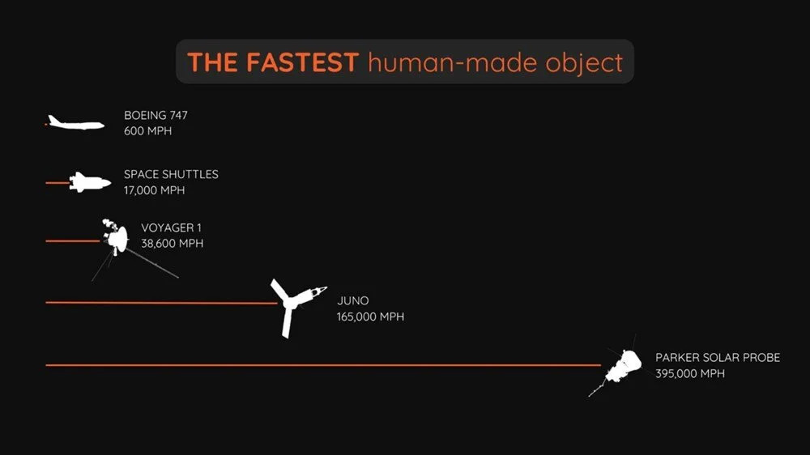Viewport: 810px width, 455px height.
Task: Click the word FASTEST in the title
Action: point(302,62)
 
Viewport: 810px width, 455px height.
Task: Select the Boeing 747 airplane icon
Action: point(76,123)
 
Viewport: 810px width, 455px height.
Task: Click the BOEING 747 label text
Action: point(156,115)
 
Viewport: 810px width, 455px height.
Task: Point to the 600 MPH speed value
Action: point(147,131)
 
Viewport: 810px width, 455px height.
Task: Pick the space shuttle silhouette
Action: point(90,182)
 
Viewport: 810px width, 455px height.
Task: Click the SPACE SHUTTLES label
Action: point(171,175)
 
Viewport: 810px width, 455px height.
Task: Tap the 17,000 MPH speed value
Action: point(154,190)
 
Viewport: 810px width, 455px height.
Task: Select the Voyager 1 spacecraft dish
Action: point(120,239)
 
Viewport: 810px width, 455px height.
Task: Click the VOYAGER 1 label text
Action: point(171,227)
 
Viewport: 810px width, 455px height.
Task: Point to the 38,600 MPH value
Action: point(172,244)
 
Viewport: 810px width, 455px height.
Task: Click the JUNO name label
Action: point(353,300)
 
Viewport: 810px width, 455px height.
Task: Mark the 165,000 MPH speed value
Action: point(370,317)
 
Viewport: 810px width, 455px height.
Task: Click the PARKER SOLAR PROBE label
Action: point(718,357)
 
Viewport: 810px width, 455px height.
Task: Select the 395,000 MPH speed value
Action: point(689,373)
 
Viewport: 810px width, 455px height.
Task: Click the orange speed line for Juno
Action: point(162,303)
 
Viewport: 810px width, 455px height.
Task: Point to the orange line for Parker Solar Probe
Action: point(323,365)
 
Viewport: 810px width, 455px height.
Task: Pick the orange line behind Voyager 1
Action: point(73,241)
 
